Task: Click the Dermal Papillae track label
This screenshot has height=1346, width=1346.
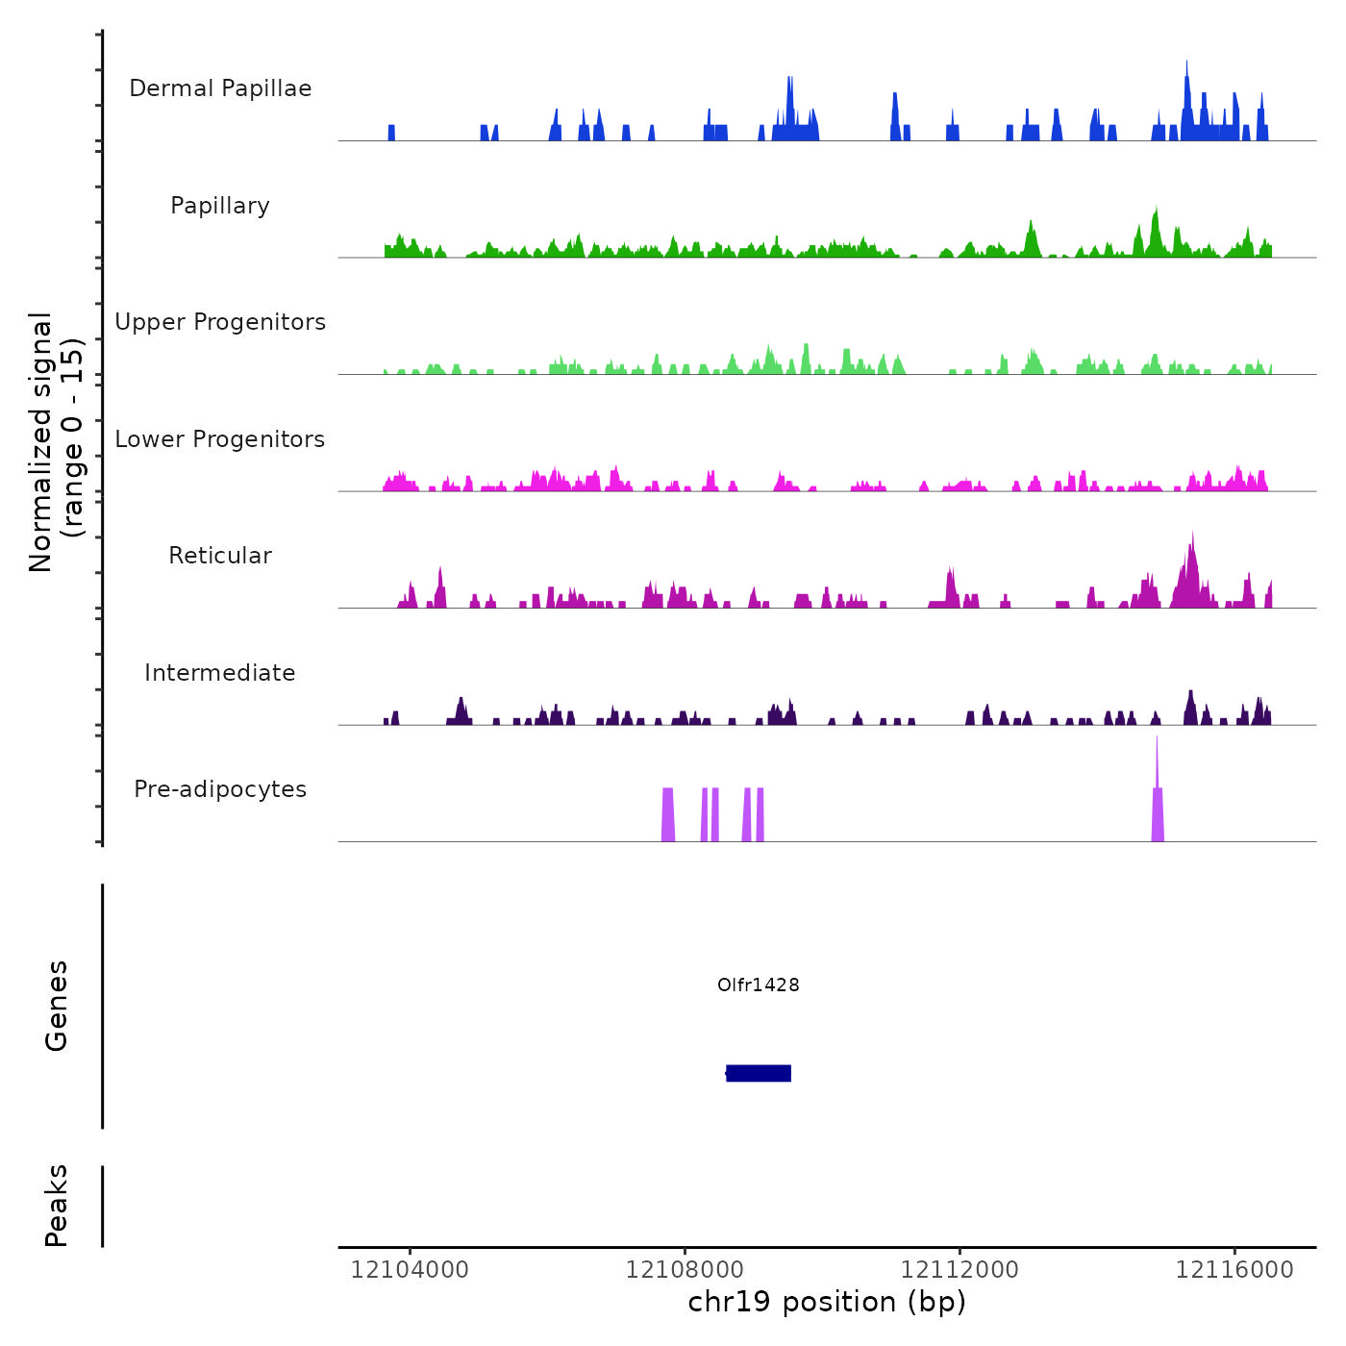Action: [x=220, y=88]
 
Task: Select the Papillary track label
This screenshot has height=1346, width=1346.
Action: [x=220, y=206]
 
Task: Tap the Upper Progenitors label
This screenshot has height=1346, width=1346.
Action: [x=220, y=322]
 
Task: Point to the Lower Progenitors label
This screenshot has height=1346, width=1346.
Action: [x=220, y=439]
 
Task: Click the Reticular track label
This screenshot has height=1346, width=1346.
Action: [x=220, y=556]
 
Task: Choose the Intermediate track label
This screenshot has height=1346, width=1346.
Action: [x=220, y=673]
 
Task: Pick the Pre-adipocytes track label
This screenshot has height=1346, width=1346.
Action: [x=220, y=789]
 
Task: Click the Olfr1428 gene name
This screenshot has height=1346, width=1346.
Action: [x=758, y=985]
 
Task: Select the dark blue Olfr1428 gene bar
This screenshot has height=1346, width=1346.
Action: [x=759, y=1073]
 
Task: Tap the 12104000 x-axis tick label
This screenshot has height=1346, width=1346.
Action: [x=410, y=1270]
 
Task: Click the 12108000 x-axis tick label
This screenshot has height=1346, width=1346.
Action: [x=685, y=1270]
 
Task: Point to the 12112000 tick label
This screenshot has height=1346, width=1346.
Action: [x=960, y=1270]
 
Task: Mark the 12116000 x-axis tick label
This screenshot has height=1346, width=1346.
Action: [x=1234, y=1270]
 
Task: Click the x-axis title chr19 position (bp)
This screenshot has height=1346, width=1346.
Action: [x=827, y=1303]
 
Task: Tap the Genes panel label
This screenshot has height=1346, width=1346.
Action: [x=57, y=1006]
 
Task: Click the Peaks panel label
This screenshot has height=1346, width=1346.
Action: [x=57, y=1206]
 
